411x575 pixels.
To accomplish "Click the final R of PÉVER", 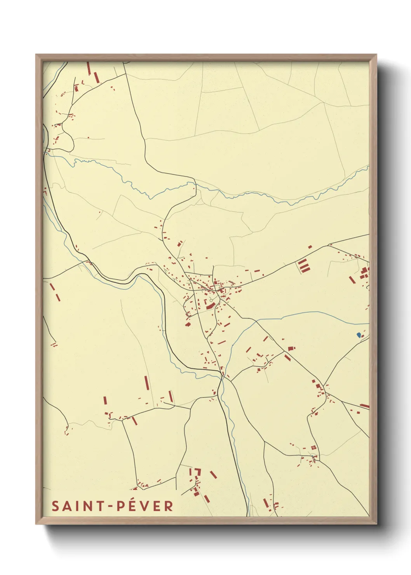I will click(169, 506).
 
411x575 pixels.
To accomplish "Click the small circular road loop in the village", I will click(211, 300).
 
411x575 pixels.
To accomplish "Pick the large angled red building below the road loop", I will click(210, 307).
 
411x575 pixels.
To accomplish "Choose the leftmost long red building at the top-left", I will click(89, 69).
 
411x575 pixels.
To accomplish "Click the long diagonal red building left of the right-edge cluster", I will click(352, 279).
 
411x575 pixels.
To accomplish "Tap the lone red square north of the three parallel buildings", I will click(310, 247).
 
